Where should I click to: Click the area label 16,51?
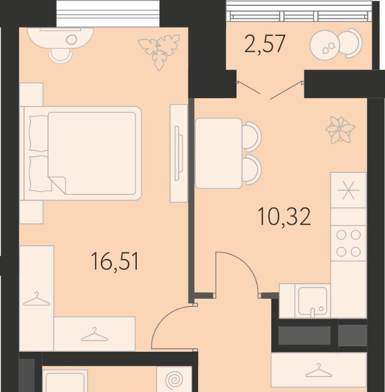point(115,261)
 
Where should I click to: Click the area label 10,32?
point(284,216)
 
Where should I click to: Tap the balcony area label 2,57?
point(265,44)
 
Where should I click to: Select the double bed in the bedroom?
point(82,153)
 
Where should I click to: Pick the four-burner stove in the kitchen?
point(349,243)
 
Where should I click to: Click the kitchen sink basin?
point(313,301)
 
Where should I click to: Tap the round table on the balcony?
point(325,45)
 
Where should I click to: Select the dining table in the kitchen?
point(218,153)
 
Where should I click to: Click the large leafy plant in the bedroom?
point(159,51)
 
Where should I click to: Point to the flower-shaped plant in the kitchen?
point(340,130)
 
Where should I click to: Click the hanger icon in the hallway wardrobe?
point(319,370)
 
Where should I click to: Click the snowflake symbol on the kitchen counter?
point(349,190)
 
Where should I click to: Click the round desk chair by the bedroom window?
point(60,56)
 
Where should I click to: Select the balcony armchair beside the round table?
point(351,45)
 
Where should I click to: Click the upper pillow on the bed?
point(39,133)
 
